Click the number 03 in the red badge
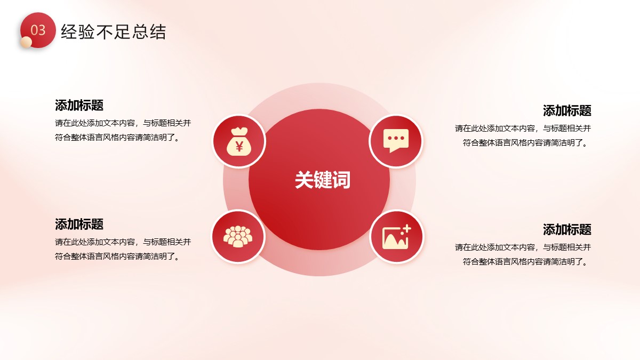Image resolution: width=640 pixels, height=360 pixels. point(38,30)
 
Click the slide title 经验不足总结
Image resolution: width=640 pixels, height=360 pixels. point(114,31)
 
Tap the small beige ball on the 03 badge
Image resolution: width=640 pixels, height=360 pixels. point(26,42)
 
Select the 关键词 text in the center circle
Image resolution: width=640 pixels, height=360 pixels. point(323,180)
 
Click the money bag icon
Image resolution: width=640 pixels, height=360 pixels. point(239,141)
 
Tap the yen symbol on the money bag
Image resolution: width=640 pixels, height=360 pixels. point(239,147)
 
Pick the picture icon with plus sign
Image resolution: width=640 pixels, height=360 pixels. point(397,237)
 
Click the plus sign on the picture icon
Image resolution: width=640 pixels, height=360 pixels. point(406,229)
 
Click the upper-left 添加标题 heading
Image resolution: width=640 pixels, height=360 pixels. point(79,105)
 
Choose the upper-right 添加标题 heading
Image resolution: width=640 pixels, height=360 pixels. point(567,110)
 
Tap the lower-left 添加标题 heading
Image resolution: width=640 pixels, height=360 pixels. point(79,225)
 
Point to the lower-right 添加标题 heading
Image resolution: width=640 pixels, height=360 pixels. point(567,229)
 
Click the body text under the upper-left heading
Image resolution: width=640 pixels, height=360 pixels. point(123,130)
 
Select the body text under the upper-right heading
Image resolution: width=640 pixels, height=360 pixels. point(523,135)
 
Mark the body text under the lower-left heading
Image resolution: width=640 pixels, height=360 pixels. point(123,249)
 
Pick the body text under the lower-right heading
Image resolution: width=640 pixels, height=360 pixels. point(523,254)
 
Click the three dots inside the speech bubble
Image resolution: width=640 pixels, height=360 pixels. point(396,138)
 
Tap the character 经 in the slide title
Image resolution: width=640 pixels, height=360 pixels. point(69,31)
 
